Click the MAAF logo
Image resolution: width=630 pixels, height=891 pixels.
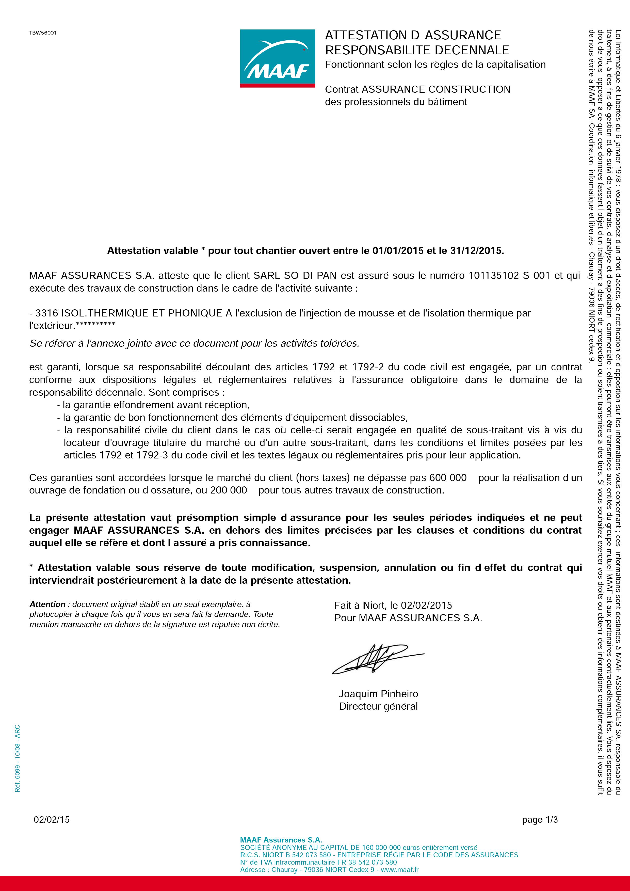coord(277,58)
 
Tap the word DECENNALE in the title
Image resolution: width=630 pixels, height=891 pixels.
coord(472,50)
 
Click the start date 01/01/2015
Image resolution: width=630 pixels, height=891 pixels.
coord(398,251)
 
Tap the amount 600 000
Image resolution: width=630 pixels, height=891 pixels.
coord(448,478)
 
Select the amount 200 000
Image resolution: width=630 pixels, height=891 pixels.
coord(229,490)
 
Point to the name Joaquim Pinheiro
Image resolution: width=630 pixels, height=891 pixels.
coord(378,694)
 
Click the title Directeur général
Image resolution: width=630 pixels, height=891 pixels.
coord(378,706)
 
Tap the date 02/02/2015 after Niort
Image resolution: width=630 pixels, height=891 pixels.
coord(426,605)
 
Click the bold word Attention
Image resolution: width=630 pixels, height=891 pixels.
coord(47,604)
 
